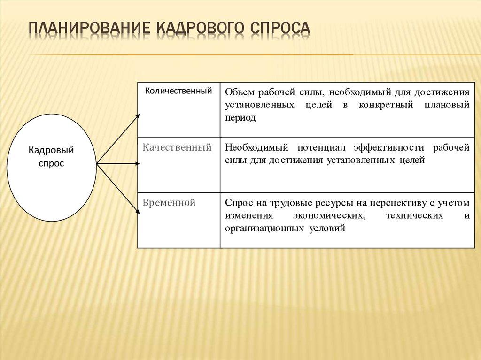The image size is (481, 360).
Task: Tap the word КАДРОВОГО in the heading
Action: (x=197, y=28)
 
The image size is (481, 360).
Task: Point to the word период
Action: (x=240, y=118)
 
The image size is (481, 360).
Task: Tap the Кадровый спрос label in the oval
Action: (x=51, y=157)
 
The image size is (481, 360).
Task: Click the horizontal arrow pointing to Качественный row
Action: (x=117, y=164)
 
